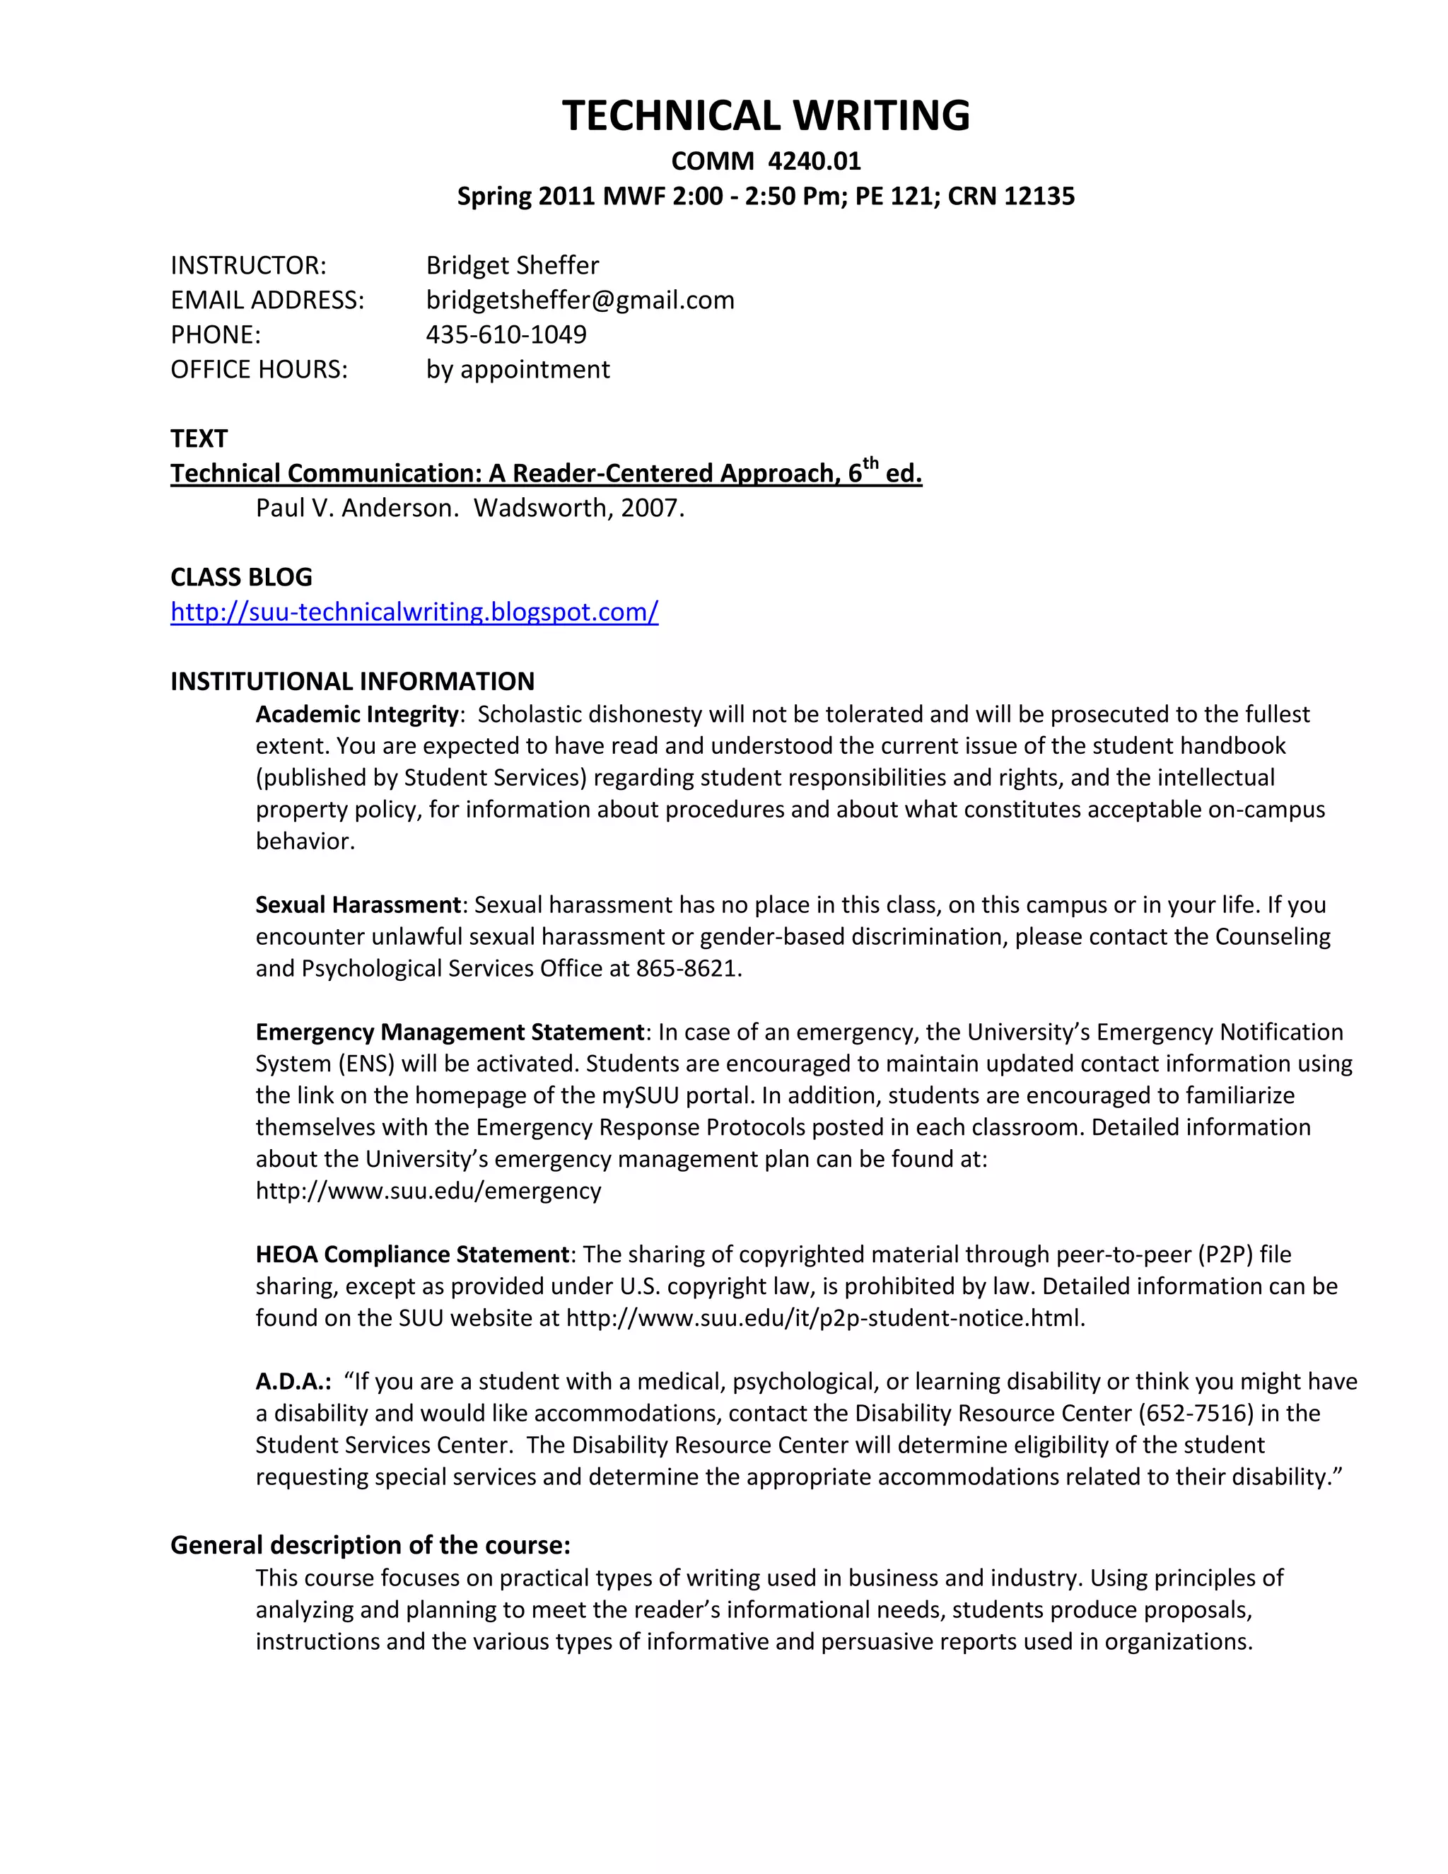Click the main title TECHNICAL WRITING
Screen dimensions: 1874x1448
point(765,115)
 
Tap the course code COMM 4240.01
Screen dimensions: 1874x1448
point(765,161)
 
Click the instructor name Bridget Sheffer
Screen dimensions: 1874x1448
point(512,265)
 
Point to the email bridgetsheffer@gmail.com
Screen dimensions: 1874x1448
point(580,301)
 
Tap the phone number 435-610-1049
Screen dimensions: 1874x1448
point(506,334)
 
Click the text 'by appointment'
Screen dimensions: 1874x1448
point(518,370)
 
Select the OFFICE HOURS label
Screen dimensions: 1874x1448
point(259,370)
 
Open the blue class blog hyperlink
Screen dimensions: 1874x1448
point(414,612)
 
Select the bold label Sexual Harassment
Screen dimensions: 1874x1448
point(358,904)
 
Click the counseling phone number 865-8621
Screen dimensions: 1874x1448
point(687,968)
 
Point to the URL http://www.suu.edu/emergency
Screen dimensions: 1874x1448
point(428,1191)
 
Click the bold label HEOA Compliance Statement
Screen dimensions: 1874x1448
point(411,1255)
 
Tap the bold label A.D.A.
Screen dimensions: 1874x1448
point(293,1382)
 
